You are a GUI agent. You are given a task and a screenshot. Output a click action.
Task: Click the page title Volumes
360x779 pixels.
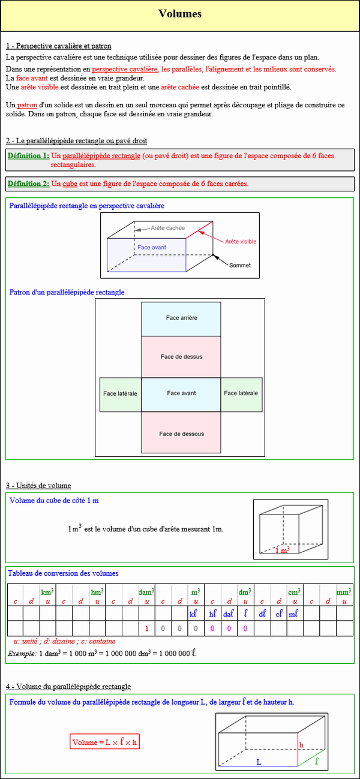(x=180, y=14)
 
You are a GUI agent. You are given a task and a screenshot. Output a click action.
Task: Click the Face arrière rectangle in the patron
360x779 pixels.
(x=181, y=318)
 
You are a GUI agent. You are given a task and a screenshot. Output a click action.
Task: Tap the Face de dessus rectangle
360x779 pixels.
(x=181, y=357)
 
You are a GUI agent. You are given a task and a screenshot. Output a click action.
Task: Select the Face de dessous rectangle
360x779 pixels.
(x=181, y=434)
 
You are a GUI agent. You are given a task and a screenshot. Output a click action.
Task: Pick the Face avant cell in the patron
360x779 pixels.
(x=181, y=393)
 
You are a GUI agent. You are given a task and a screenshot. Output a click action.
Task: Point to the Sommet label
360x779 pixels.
(x=240, y=265)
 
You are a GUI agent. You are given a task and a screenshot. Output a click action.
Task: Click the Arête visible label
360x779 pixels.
(x=241, y=241)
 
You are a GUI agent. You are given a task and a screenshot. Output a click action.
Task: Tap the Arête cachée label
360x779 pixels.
(x=168, y=228)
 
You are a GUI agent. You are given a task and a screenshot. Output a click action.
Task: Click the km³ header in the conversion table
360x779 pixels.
(x=47, y=592)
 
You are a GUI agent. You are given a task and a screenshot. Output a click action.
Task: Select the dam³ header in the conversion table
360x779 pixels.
(x=147, y=592)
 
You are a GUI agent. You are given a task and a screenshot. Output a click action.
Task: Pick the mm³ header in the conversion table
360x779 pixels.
(x=344, y=592)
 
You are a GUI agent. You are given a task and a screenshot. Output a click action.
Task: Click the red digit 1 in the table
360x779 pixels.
(x=147, y=628)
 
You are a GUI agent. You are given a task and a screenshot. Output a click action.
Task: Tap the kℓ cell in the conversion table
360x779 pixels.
(x=193, y=614)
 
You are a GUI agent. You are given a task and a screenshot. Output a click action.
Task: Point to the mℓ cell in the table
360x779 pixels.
(x=293, y=614)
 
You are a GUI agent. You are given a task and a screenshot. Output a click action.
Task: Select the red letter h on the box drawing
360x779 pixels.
(x=302, y=745)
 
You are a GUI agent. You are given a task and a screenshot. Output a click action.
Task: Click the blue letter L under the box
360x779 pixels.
(x=259, y=762)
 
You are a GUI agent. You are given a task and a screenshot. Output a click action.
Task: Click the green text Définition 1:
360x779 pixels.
(x=28, y=155)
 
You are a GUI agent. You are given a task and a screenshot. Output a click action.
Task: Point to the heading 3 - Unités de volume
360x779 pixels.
(x=38, y=485)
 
